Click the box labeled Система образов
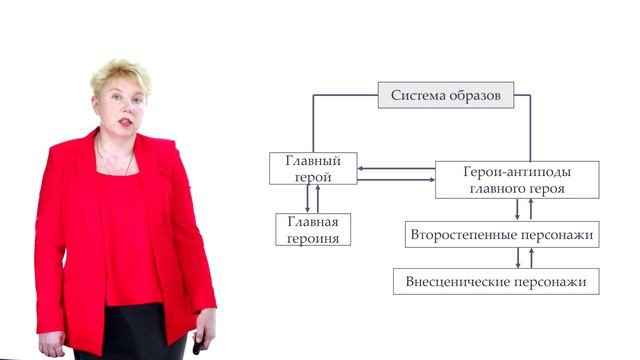tap(445, 97)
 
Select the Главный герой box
tap(313, 168)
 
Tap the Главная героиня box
tap(313, 230)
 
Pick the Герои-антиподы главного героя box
tap(517, 179)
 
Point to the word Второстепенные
tap(463, 235)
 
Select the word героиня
tap(313, 238)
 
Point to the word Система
tap(418, 97)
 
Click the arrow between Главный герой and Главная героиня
tap(307, 199)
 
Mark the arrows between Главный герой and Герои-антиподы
tap(395, 174)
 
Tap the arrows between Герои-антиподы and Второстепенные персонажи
tap(524, 209)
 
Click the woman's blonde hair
tap(119, 78)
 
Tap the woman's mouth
tap(125, 121)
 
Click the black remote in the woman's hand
tap(198, 343)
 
